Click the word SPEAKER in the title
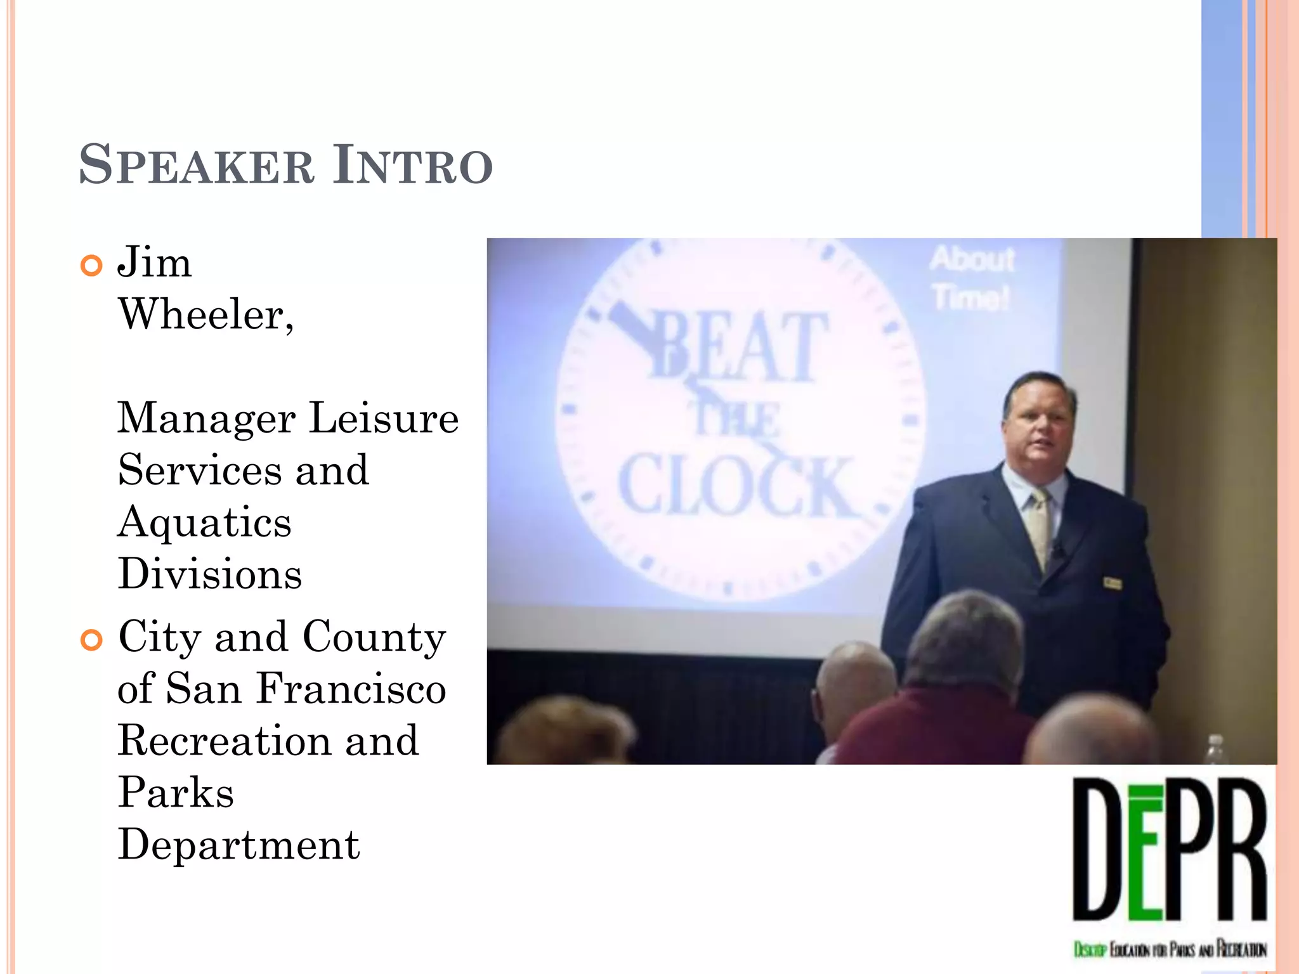[x=197, y=166]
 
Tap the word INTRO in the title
[x=413, y=166]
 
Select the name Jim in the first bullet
[x=154, y=263]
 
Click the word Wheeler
[x=206, y=315]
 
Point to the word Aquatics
[x=204, y=523]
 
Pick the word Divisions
[x=209, y=575]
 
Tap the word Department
[x=238, y=845]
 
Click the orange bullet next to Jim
[x=92, y=266]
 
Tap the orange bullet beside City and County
[x=92, y=640]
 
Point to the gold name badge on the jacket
[x=1111, y=582]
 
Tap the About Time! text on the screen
[x=972, y=278]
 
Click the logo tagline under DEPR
[x=1170, y=949]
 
